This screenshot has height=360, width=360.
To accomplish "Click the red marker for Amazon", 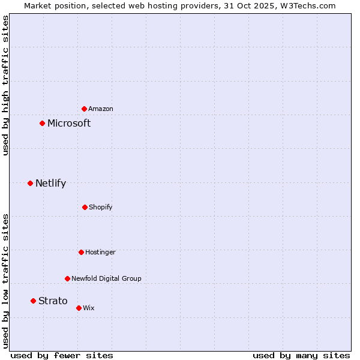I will pyautogui.click(x=84, y=109).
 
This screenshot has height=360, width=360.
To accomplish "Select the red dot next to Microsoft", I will pyautogui.click(x=42, y=123).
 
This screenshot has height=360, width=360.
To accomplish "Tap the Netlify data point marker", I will pyautogui.click(x=30, y=183).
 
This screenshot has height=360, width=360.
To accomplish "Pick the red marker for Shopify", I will pyautogui.click(x=85, y=207).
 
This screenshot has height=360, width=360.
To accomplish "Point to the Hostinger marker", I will pyautogui.click(x=81, y=252).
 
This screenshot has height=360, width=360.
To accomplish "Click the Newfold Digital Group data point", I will pyautogui.click(x=67, y=278).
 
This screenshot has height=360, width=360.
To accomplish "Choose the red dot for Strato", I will pyautogui.click(x=33, y=301).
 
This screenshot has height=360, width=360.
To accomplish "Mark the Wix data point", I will pyautogui.click(x=79, y=308).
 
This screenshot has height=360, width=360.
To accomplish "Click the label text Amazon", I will pyautogui.click(x=101, y=109).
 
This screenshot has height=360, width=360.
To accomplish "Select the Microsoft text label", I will pyautogui.click(x=69, y=123).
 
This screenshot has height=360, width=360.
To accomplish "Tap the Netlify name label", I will pyautogui.click(x=50, y=183).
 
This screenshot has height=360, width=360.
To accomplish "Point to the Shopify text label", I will pyautogui.click(x=101, y=207).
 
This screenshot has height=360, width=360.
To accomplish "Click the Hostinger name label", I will pyautogui.click(x=100, y=252).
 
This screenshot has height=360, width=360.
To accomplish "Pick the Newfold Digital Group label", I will pyautogui.click(x=106, y=278).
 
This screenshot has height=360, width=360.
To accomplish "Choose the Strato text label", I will pyautogui.click(x=53, y=301).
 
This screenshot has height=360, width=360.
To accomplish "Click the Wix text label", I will pyautogui.click(x=89, y=308).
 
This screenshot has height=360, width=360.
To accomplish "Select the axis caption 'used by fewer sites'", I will pyautogui.click(x=62, y=355).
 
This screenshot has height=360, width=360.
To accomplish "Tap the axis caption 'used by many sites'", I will pyautogui.click(x=301, y=355).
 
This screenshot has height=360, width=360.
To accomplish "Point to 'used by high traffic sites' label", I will pyautogui.click(x=5, y=85).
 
